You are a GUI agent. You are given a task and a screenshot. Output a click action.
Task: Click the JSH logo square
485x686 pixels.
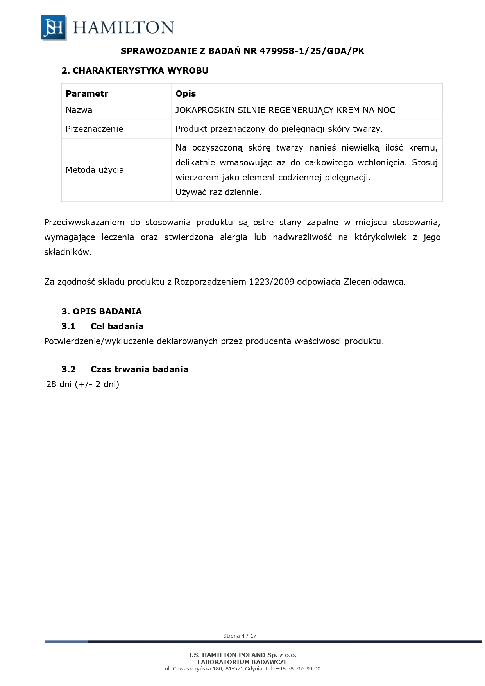click(x=53, y=27)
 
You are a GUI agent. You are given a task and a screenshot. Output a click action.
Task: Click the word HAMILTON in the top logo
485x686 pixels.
click(x=123, y=27)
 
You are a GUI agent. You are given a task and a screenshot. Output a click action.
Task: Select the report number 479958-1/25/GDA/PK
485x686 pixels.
click(x=311, y=51)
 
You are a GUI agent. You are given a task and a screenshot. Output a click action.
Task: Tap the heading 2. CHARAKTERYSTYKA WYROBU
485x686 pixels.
click(x=135, y=71)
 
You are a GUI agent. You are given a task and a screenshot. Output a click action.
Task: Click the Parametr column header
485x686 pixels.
click(x=87, y=93)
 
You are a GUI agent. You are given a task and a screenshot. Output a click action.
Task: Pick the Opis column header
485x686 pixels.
click(x=186, y=93)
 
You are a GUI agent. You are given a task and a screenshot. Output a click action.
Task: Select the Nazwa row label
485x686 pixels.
click(x=79, y=110)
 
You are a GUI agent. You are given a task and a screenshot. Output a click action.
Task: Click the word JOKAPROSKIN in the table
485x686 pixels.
click(x=205, y=110)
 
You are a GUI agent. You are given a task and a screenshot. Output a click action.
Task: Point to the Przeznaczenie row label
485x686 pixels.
click(x=94, y=129)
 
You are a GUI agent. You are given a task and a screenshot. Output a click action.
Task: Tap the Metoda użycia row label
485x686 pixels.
click(x=95, y=170)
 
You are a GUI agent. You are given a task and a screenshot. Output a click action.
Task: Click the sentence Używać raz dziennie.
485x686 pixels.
click(x=218, y=192)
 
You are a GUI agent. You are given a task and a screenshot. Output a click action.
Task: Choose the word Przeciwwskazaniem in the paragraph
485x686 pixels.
click(x=84, y=223)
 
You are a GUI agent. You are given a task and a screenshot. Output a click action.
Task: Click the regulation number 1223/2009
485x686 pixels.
click(x=271, y=282)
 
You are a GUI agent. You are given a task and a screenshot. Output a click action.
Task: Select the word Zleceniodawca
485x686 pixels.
click(x=374, y=282)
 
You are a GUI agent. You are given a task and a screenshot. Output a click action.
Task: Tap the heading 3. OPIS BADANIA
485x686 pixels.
click(x=102, y=312)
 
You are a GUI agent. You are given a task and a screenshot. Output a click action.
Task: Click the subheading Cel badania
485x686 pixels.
click(x=117, y=327)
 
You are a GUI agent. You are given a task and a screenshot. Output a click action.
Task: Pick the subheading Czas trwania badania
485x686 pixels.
click(x=139, y=370)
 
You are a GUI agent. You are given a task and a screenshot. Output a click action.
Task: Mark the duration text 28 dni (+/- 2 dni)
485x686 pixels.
click(x=82, y=384)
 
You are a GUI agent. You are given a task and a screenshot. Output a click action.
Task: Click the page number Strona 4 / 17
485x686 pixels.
click(x=240, y=636)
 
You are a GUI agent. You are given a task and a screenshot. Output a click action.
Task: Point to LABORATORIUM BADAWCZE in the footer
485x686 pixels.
click(x=242, y=662)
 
